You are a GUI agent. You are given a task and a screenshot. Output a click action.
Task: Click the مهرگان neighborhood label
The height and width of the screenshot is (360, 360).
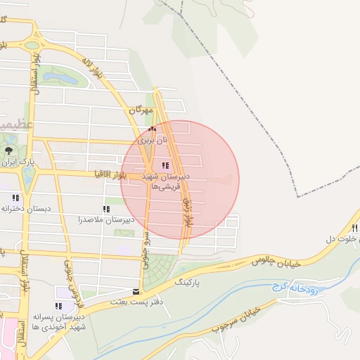[141, 110]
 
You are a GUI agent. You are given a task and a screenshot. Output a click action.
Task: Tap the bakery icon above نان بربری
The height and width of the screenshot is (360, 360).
[151, 129]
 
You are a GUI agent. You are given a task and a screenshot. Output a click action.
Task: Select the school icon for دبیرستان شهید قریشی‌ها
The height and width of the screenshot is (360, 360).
[165, 166]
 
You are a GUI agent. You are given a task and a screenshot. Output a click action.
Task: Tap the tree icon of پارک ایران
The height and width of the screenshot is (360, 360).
[8, 150]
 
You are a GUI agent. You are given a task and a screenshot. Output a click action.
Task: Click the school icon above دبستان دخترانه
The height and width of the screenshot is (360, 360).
[15, 198]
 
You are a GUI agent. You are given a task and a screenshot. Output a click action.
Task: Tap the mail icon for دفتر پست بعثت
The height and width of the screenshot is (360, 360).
[136, 291]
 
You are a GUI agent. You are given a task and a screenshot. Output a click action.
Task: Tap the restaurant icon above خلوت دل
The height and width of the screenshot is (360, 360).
[355, 228]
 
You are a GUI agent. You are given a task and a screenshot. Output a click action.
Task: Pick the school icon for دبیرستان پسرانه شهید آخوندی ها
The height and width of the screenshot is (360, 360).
[58, 306]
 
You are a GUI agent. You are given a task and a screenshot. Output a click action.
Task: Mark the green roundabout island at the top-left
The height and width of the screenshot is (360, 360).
[31, 46]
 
